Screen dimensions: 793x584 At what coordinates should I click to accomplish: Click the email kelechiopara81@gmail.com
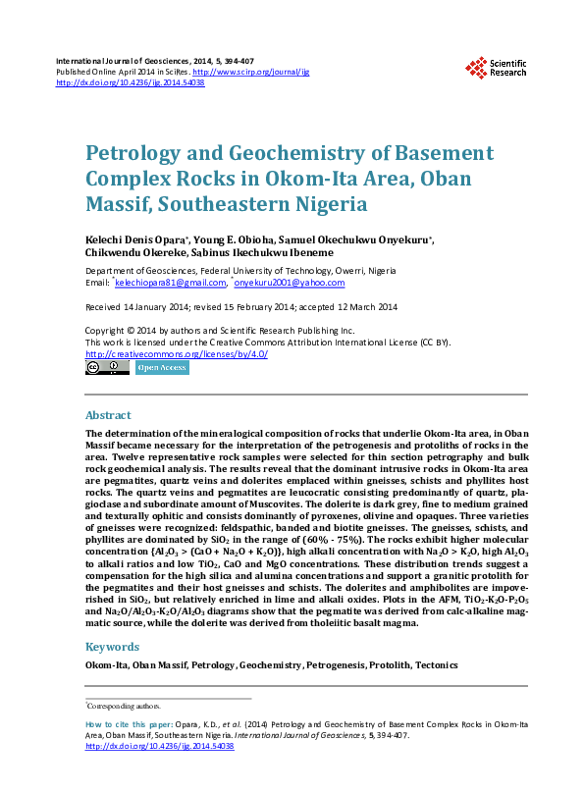[171, 283]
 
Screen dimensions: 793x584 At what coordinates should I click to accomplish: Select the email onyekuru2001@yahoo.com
[290, 283]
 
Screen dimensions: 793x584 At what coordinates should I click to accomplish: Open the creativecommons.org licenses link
[177, 354]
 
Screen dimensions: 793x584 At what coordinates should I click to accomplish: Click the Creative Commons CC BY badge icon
[107, 368]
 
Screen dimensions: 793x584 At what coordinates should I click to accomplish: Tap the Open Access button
[162, 368]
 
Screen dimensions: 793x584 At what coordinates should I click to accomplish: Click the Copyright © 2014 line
[220, 331]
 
